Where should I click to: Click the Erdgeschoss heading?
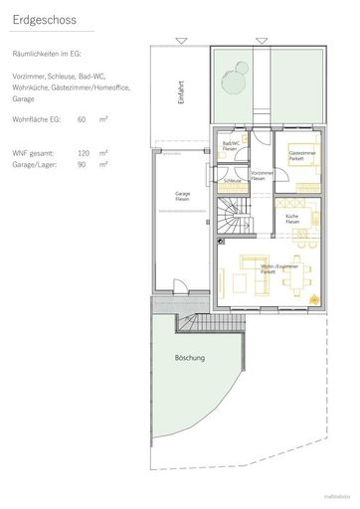(x=43, y=19)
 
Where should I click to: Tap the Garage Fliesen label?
(x=182, y=198)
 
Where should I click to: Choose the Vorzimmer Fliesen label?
(x=262, y=175)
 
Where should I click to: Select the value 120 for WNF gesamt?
(x=84, y=153)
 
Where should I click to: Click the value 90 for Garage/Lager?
(x=82, y=164)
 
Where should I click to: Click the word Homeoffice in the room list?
(x=106, y=85)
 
